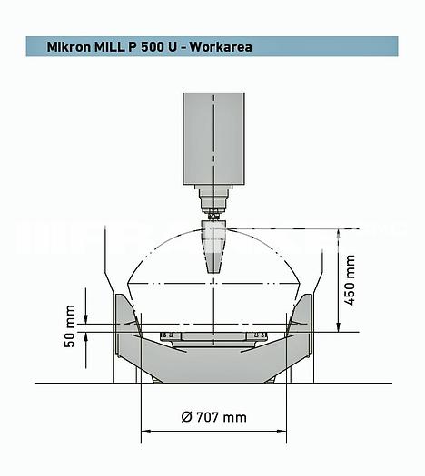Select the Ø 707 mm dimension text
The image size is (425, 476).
(213, 417)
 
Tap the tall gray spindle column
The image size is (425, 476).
(213, 136)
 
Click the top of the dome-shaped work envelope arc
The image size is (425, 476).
(213, 228)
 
